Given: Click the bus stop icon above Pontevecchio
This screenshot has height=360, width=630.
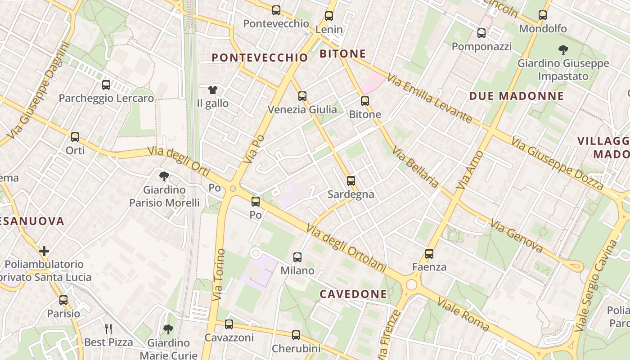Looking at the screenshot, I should coord(276,10).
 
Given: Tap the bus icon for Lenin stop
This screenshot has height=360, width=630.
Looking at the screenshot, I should coord(329,16).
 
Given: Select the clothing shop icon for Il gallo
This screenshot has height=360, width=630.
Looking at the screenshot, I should coord(213,90).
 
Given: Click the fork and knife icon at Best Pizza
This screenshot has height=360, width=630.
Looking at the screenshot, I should coord(108,329).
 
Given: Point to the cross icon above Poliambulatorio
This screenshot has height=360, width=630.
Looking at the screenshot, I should coord(44,251).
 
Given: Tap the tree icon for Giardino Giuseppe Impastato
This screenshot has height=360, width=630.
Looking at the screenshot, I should coord(563,49).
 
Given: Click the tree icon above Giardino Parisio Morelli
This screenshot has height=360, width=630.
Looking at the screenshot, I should coord(164,176).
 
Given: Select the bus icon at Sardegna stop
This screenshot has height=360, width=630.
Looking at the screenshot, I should coord(351,181).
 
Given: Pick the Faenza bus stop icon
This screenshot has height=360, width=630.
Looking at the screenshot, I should coord(429,254).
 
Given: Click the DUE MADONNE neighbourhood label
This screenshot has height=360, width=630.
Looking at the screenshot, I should coord(516,96).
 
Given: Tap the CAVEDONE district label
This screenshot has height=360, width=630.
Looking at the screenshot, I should coord(353,294).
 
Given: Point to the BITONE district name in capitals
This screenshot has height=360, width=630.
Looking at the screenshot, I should coord(342,54).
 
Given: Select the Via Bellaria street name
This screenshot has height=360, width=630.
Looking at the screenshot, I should coord(415,167).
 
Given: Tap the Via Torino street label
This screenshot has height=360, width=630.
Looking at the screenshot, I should coord(219,274).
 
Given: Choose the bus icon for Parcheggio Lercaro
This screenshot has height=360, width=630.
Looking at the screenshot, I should coord(106,85).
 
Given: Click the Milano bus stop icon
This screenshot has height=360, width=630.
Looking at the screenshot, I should coord(297,257).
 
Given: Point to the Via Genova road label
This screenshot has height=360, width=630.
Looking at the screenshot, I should coord(517,235).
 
